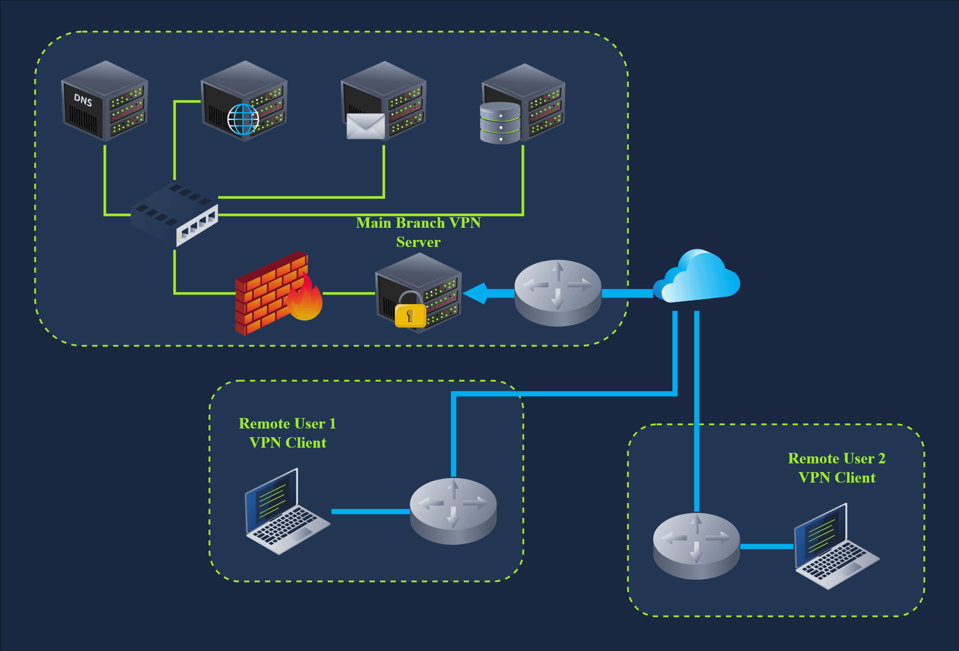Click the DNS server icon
(105, 101)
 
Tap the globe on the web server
(243, 119)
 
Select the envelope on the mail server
(365, 127)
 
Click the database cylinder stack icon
(500, 123)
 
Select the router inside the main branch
(558, 292)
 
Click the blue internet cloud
(697, 278)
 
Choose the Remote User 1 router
(453, 511)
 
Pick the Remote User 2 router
(696, 546)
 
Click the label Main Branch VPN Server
(418, 232)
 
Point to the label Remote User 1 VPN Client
(288, 433)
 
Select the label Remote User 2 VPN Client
(837, 468)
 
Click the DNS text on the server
(83, 100)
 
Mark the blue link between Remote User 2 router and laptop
(767, 546)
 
